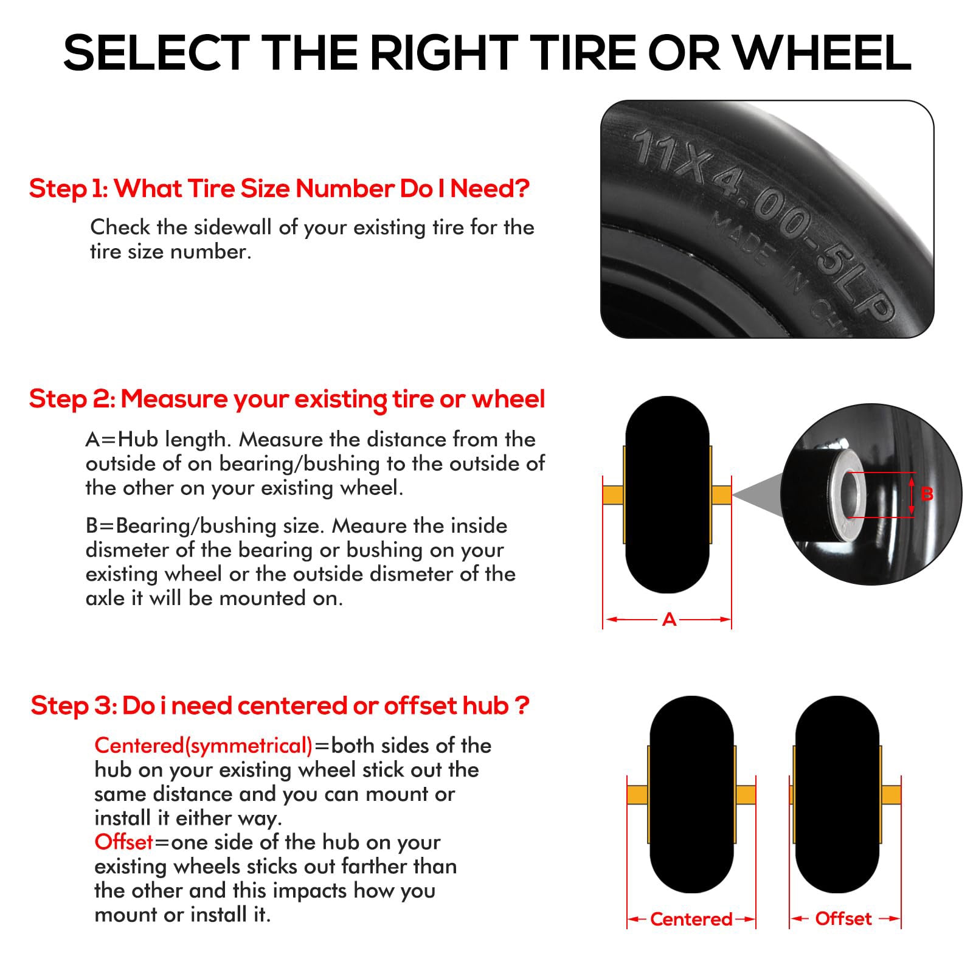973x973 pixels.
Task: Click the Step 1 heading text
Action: pyautogui.click(x=279, y=189)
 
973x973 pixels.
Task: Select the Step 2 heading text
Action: pyautogui.click(x=287, y=400)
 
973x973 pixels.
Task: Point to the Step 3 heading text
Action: pyautogui.click(x=280, y=706)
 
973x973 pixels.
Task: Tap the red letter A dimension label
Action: pyautogui.click(x=669, y=619)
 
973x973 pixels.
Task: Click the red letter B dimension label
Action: pyautogui.click(x=926, y=494)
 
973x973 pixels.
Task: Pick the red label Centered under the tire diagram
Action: pyautogui.click(x=691, y=919)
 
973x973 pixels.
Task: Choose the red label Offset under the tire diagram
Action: pyautogui.click(x=843, y=918)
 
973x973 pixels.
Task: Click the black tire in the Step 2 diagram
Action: pyautogui.click(x=667, y=494)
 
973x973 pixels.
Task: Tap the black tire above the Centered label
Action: pyautogui.click(x=691, y=794)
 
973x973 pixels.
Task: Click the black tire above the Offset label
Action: pyautogui.click(x=837, y=794)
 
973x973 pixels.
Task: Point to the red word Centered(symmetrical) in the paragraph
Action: pyautogui.click(x=204, y=746)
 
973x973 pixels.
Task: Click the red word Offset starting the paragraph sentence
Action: pyautogui.click(x=123, y=842)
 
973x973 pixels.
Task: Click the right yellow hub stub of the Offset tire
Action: pyautogui.click(x=890, y=794)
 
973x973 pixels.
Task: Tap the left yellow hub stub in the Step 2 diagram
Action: pyautogui.click(x=614, y=494)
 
